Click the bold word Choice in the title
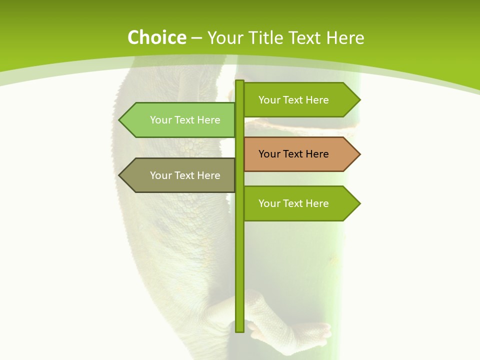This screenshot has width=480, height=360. [156, 38]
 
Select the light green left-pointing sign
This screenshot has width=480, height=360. [180, 120]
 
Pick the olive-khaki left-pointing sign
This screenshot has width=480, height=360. [180, 175]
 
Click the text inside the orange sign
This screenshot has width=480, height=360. [293, 154]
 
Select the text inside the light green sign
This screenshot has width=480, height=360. [185, 120]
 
